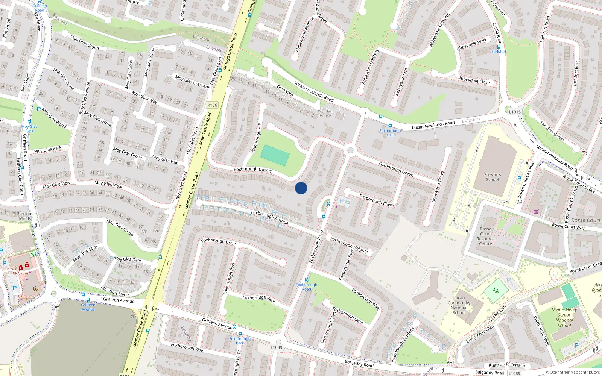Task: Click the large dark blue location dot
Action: click(301, 188)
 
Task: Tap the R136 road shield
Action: click(212, 105)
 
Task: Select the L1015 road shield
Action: click(515, 112)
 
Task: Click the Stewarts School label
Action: click(492, 177)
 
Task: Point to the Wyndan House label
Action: click(325, 113)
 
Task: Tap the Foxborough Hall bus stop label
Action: click(390, 133)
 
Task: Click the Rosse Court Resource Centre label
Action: click(485, 236)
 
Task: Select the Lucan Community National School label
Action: click(459, 305)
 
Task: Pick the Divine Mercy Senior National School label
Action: click(564, 317)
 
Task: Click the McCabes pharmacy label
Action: click(20, 273)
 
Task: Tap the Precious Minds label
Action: click(25, 216)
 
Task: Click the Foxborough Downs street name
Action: click(253, 169)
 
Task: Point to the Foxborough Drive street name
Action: click(218, 241)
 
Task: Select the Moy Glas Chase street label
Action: click(120, 227)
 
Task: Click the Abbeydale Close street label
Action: click(474, 80)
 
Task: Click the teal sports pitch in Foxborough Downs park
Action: click(275, 155)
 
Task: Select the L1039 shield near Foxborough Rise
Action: click(276, 347)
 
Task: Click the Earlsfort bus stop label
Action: click(499, 52)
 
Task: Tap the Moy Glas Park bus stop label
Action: click(29, 129)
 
